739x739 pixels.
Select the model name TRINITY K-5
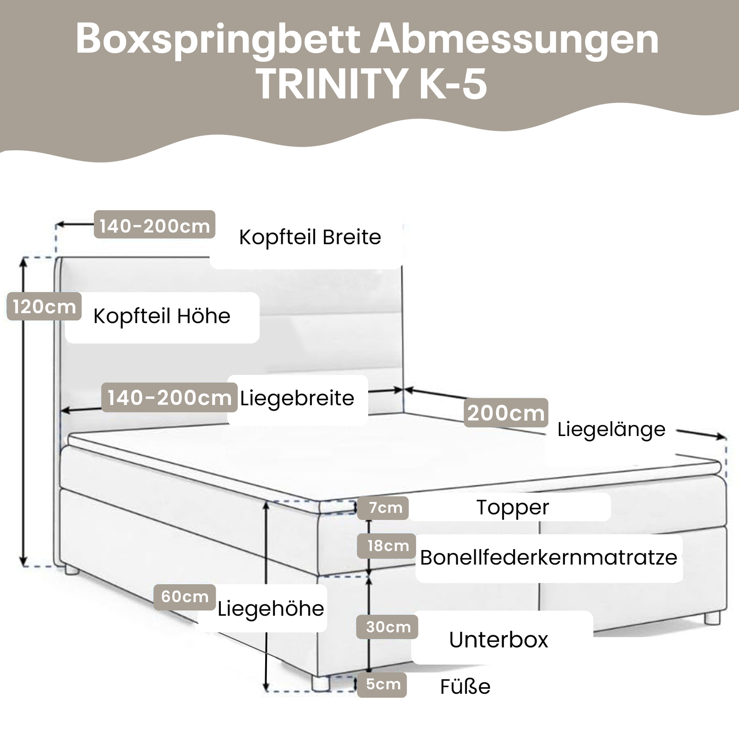pos(372,84)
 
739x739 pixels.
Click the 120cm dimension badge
pos(44,307)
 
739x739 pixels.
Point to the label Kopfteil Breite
pos(310,237)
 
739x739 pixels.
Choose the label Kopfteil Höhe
pos(162,316)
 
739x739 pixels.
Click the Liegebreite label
pos(297,398)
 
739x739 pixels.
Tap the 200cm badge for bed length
pos(506,413)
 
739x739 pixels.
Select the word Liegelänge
pos(611,430)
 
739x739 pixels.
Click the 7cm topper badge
pos(386,508)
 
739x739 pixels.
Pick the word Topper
pos(513,507)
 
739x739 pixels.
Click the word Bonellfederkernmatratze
pos(548,558)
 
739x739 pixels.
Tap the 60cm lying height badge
pos(185,597)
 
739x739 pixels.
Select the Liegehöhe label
pos(271,609)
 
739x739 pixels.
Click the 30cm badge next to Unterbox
pos(388,627)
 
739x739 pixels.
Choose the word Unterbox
pos(498,640)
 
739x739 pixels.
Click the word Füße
pos(465,687)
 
